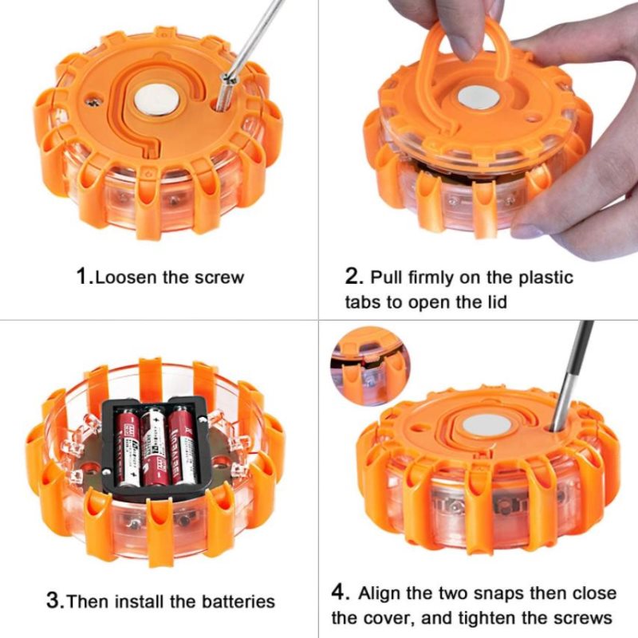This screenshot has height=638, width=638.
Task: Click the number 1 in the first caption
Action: tap(82, 276)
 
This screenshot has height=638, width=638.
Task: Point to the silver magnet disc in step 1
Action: tap(156, 100)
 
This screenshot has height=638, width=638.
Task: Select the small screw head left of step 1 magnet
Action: tap(94, 101)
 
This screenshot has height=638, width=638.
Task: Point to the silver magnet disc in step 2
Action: tap(478, 97)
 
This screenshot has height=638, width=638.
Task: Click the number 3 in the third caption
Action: tap(53, 601)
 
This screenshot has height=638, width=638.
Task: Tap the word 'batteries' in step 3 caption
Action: tap(238, 601)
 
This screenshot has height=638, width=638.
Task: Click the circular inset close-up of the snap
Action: tap(370, 366)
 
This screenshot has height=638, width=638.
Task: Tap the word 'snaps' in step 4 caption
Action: tap(498, 594)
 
